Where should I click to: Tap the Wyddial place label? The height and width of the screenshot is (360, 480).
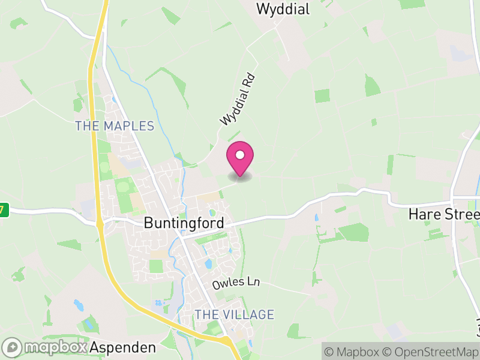coord(283,9)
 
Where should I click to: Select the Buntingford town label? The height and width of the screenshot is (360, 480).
coord(184,223)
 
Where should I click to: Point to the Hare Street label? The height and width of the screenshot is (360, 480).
coord(443,214)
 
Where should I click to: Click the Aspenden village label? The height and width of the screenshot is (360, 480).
coord(123,347)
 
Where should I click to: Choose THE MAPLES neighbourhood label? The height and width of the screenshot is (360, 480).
coord(115,126)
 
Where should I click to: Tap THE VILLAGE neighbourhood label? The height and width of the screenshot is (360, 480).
coord(234,314)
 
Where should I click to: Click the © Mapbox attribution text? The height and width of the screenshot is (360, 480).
coord(353,352)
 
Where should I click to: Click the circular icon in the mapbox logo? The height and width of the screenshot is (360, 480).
coord(12,347)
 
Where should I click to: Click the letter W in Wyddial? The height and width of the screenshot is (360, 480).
coord(262,9)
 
